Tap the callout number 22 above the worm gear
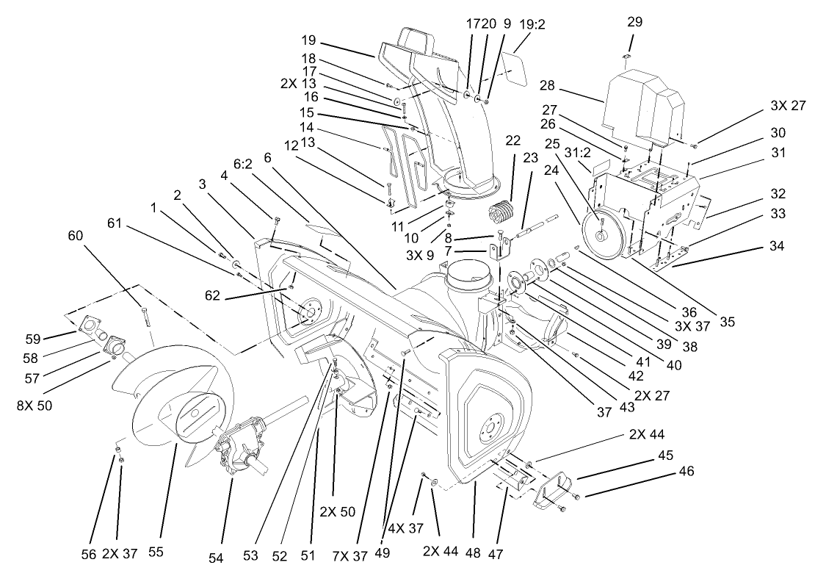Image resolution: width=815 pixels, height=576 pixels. click(x=512, y=140)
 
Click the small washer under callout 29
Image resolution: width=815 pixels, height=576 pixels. click(x=627, y=56)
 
